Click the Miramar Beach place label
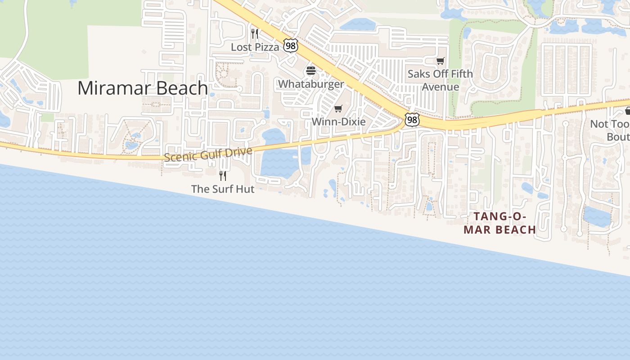click(143, 88)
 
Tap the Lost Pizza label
click(255, 47)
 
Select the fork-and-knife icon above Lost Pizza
click(255, 34)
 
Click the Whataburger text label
click(311, 84)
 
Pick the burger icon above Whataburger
click(310, 71)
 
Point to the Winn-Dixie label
click(338, 121)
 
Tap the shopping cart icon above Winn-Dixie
click(338, 108)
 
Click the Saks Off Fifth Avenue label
click(440, 80)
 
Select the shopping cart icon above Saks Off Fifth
click(440, 61)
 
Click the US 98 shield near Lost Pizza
click(290, 45)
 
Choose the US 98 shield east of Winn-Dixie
click(412, 120)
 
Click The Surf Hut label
click(223, 189)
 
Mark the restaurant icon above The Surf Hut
click(222, 175)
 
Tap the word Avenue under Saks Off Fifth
click(440, 86)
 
